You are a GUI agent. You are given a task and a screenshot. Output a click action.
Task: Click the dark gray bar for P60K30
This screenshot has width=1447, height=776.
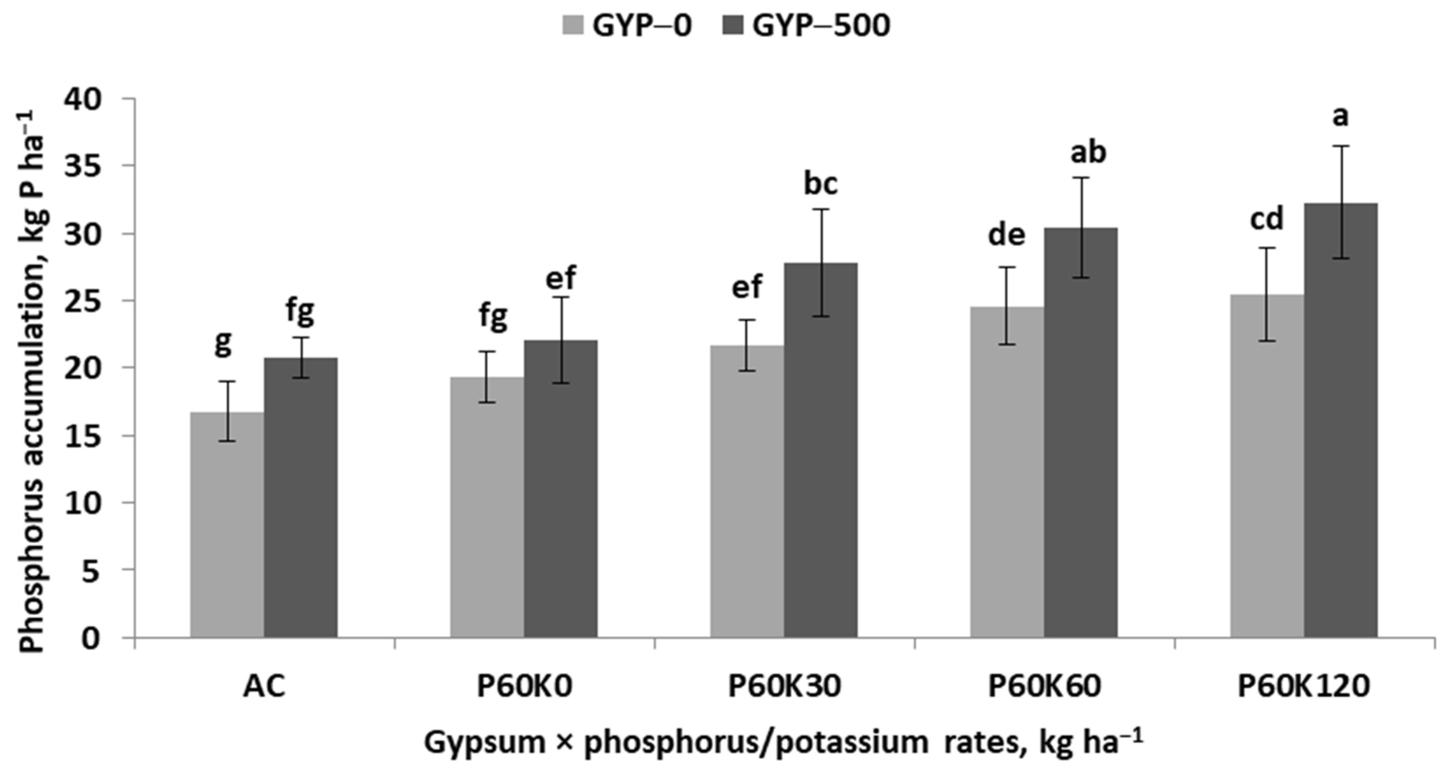coord(821,449)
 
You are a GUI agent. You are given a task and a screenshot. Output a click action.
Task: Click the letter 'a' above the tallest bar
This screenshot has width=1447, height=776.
coord(1340,117)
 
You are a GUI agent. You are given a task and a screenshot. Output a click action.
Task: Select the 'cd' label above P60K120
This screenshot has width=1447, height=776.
coord(1267,219)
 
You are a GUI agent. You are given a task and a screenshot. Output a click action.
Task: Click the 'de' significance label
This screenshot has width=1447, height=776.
coord(1007,235)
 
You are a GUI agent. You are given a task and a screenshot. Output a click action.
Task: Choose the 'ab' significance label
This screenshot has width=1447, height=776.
coord(1088,153)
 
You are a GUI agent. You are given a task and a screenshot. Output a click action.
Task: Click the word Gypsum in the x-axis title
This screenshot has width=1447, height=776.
coord(484,742)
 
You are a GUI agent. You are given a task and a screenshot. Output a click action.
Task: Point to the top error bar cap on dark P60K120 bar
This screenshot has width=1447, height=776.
coord(1341,146)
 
